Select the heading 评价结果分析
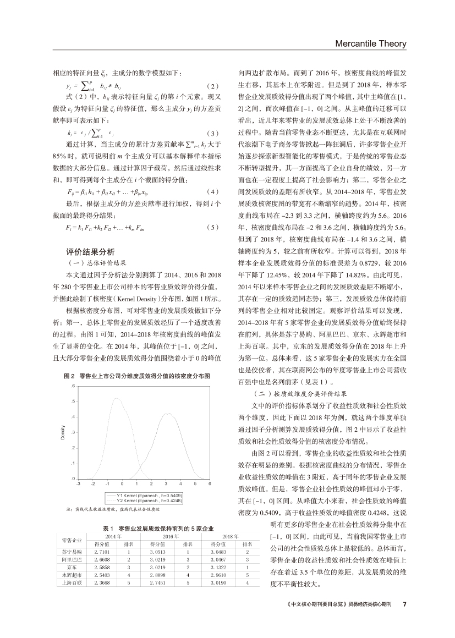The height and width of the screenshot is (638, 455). (90, 251)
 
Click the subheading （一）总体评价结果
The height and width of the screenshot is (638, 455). (96, 262)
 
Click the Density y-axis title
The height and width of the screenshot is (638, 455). (63, 432)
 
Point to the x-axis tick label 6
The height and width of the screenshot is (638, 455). (210, 483)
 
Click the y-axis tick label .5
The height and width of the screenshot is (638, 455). (73, 402)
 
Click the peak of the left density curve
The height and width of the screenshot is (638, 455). (116, 399)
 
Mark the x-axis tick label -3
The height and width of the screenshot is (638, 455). (78, 483)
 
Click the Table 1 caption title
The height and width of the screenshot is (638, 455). (158, 528)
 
